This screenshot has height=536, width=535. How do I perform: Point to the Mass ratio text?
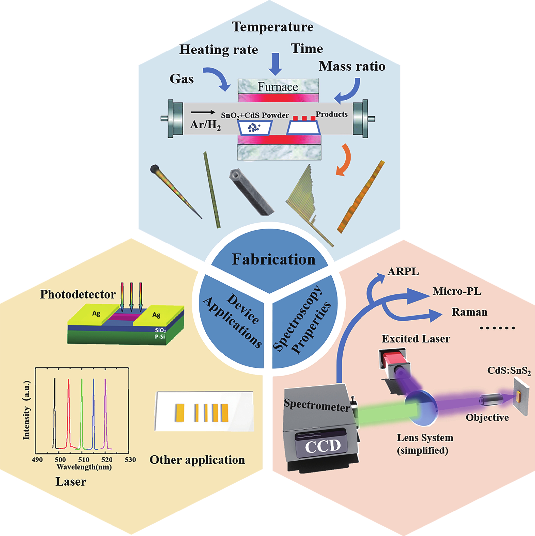(x=352, y=66)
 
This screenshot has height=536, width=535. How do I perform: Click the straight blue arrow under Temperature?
(x=275, y=64)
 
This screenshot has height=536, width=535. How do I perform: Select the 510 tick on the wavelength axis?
(x=84, y=460)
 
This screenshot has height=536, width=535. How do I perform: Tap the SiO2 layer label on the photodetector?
(x=160, y=330)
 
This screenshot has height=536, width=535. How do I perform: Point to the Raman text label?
(x=469, y=312)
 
